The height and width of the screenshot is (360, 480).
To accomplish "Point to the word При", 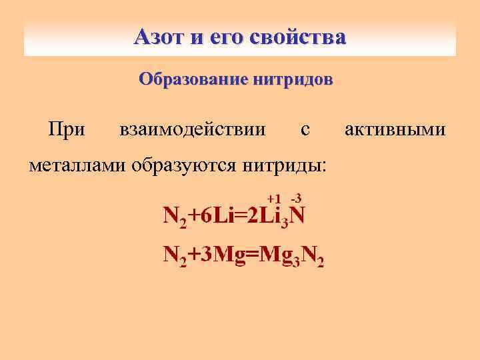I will click(x=67, y=128).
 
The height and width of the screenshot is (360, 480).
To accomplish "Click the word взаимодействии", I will click(x=191, y=128).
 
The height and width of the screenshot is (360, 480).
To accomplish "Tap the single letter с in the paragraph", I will click(x=305, y=129).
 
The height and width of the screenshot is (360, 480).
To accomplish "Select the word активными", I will click(x=395, y=128).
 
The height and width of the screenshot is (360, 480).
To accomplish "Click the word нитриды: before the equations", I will click(x=285, y=164).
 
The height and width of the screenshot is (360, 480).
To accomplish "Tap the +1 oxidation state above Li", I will click(x=273, y=199).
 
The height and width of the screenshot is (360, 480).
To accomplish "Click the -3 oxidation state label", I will click(x=297, y=197).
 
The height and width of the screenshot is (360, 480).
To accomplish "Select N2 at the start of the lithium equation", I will click(x=175, y=216).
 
